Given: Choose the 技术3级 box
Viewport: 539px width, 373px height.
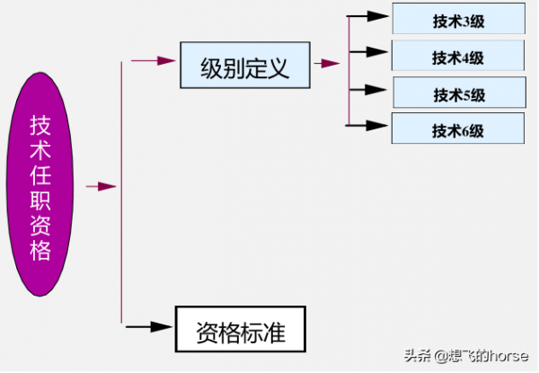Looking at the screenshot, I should click(459, 18).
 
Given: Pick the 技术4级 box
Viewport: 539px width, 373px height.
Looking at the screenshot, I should click(459, 58).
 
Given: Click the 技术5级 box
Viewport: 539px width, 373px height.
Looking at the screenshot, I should click(459, 93).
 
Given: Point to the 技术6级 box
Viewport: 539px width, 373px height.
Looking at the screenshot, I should click(459, 129).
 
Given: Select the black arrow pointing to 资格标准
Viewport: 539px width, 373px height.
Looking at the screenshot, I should click(147, 324).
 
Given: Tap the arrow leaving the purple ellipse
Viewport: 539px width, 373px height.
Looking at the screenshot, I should click(102, 186).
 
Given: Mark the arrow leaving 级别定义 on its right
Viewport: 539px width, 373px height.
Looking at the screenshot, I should click(326, 63).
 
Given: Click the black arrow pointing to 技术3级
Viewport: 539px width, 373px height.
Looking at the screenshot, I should click(367, 16).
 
